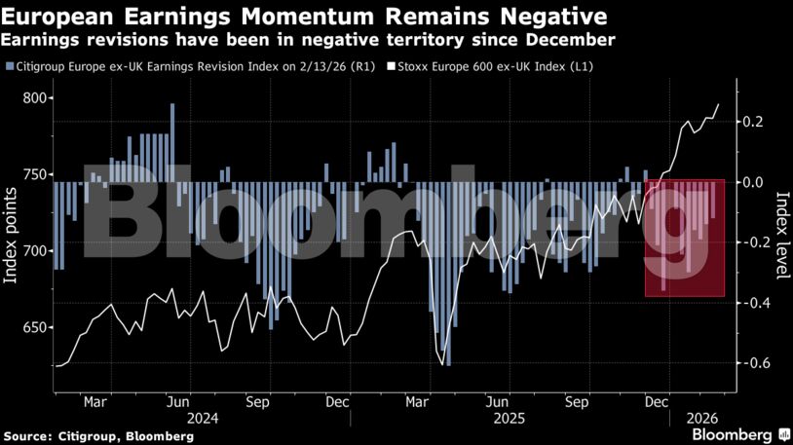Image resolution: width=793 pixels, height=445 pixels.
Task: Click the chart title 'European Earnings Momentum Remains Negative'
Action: (305, 17)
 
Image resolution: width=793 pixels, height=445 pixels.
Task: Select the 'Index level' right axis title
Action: (781, 234)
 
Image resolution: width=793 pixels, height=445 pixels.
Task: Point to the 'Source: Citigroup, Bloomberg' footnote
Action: (98, 436)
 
